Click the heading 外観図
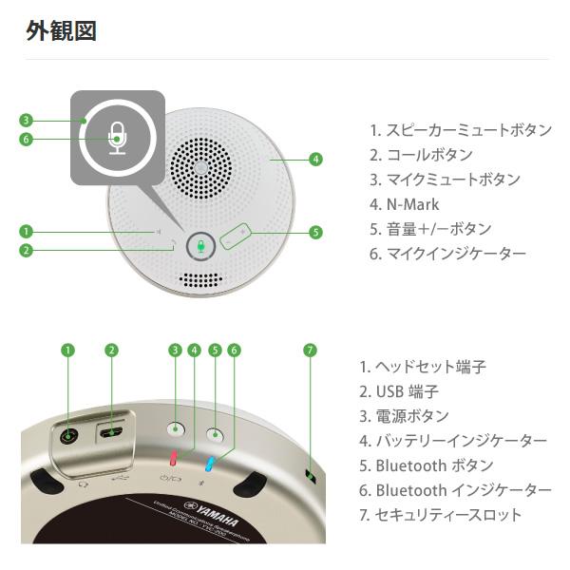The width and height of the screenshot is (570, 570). point(61,31)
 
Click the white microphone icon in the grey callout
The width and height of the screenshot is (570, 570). point(117,139)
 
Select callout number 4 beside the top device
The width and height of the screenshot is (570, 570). point(314,159)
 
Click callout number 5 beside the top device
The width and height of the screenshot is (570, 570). point(315,231)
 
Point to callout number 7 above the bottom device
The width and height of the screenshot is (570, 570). point(309,350)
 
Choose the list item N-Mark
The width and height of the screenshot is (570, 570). point(406,204)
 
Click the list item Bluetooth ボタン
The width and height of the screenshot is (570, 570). point(427,465)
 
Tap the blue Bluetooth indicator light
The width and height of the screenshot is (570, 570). point(211,463)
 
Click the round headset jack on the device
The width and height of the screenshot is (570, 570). point(68,436)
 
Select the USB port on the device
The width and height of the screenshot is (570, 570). point(112,432)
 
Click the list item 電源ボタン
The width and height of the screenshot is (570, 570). point(405,416)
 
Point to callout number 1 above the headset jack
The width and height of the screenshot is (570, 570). point(67,350)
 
